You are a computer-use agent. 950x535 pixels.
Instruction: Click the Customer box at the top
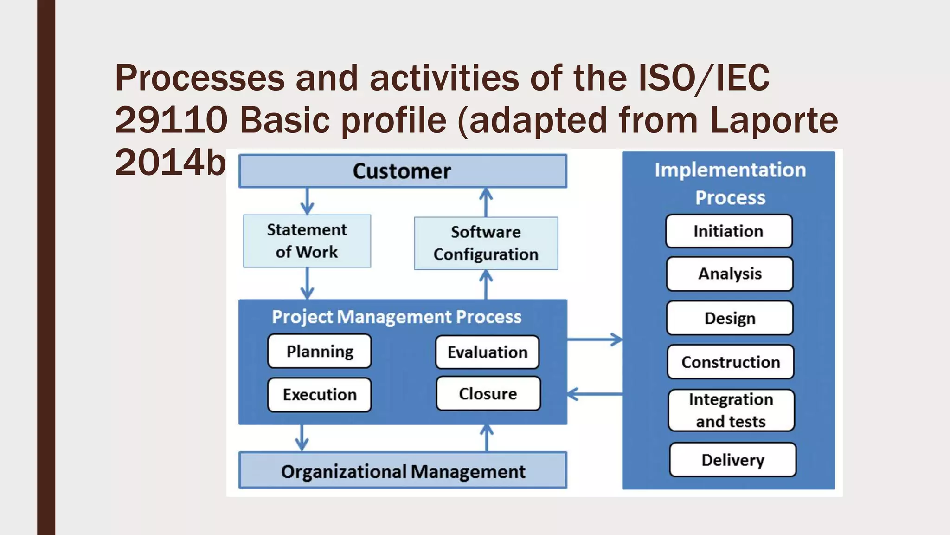click(x=402, y=171)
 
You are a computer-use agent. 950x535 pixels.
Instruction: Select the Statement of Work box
click(x=307, y=241)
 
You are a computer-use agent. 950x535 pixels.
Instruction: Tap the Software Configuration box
click(x=486, y=243)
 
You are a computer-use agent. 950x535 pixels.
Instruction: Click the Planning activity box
click(x=320, y=351)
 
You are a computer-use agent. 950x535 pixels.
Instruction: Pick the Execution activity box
click(x=320, y=395)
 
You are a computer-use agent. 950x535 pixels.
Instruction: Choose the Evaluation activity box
click(x=488, y=352)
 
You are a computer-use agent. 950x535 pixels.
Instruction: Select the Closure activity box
click(x=488, y=394)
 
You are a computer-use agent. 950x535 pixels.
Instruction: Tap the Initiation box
click(x=728, y=231)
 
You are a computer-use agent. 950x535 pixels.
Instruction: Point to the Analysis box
click(x=730, y=274)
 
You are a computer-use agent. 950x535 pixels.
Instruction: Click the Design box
click(x=730, y=318)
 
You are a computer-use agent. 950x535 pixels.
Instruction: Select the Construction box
click(x=731, y=362)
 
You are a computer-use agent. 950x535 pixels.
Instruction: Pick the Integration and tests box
click(x=731, y=410)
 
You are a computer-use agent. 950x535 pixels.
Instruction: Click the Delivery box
click(x=732, y=460)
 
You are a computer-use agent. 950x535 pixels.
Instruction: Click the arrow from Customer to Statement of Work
click(x=307, y=201)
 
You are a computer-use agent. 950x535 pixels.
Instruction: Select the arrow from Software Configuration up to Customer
click(x=486, y=202)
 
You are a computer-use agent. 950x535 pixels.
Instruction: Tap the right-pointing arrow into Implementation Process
click(x=595, y=339)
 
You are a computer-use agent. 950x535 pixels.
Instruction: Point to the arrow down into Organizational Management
click(x=302, y=438)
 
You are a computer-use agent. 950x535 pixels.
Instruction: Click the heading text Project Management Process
click(x=397, y=317)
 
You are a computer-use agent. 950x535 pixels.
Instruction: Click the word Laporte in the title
click(x=774, y=120)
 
